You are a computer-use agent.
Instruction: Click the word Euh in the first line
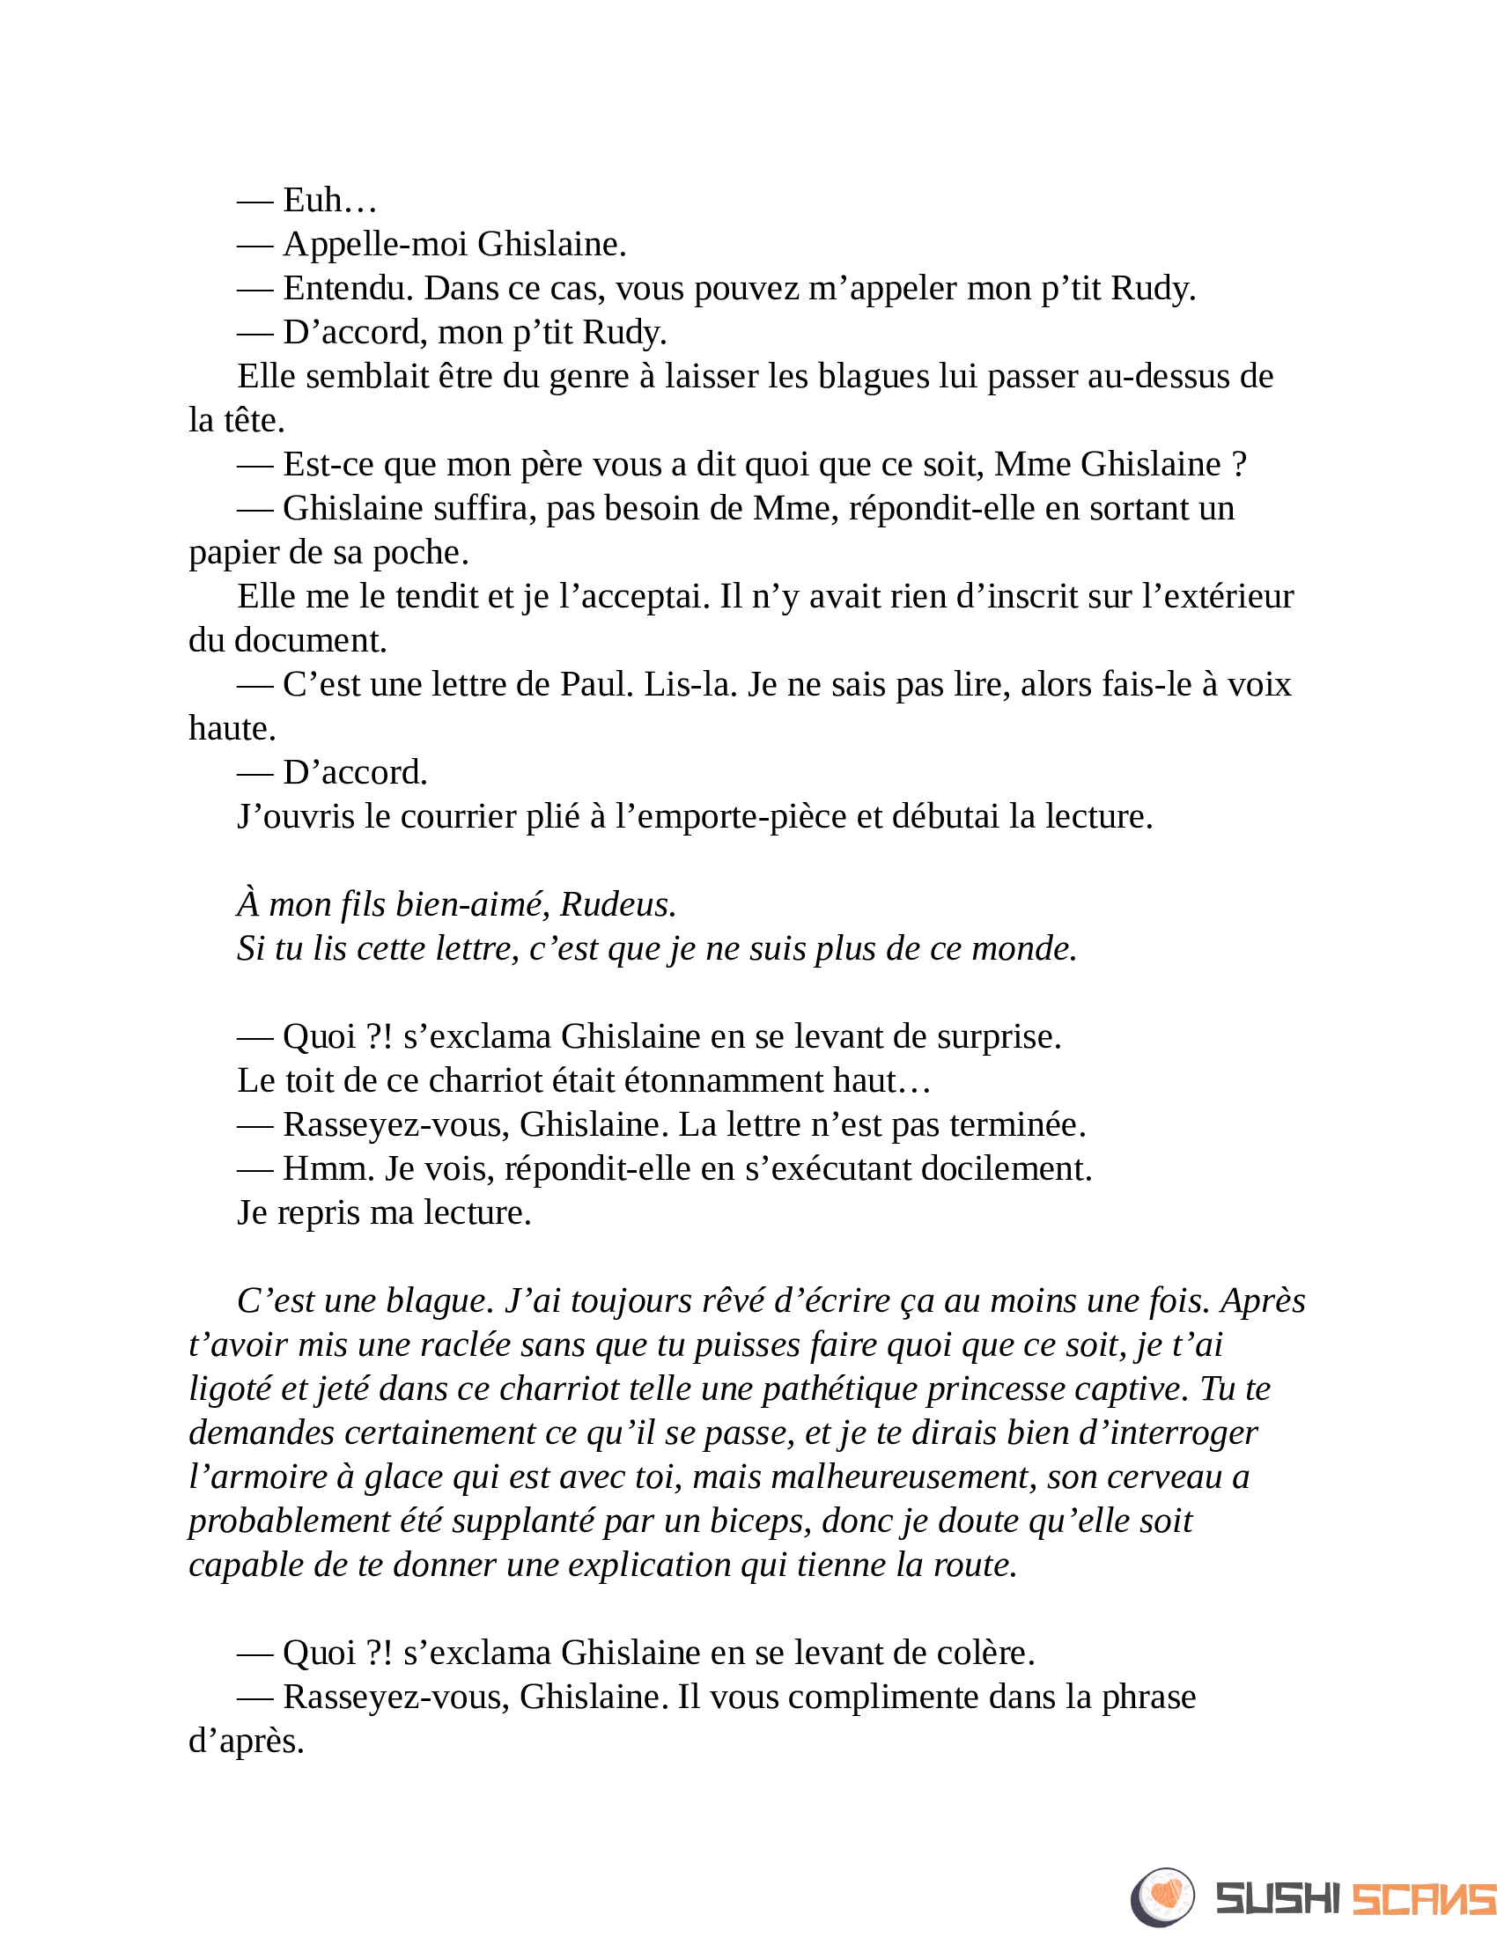313,201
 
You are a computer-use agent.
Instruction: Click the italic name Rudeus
618,904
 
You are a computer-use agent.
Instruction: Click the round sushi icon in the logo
1162,1897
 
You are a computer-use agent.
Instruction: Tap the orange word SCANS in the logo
1422,1899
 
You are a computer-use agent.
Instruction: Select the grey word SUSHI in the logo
1277,1899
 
